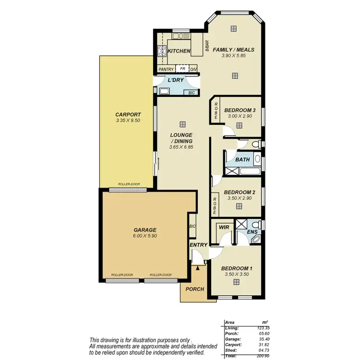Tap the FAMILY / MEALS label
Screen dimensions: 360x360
(233, 49)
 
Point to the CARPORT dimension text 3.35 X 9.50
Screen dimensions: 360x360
(128, 120)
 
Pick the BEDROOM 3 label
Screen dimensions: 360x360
(240, 110)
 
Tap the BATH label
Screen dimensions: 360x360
(241, 159)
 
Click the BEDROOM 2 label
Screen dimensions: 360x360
(239, 192)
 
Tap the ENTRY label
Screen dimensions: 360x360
(198, 245)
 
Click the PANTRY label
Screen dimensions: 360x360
(166, 69)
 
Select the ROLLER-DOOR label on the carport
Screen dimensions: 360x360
(128, 184)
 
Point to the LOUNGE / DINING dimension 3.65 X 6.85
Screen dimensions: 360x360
(181, 147)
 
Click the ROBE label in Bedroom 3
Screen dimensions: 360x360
(216, 111)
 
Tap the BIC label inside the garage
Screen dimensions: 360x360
(192, 227)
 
